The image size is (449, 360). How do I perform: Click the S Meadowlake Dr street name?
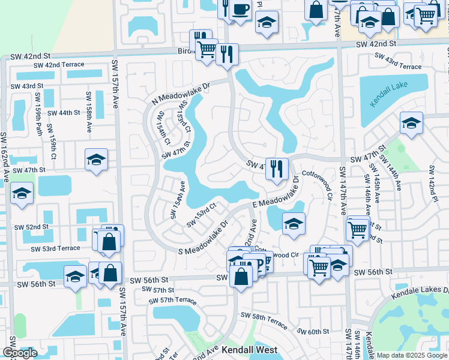click(199, 238)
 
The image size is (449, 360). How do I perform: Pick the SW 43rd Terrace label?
click(399, 61)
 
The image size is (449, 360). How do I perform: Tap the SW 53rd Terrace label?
click(56, 248)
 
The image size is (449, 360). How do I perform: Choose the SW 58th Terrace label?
click(264, 319)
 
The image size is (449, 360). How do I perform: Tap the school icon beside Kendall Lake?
click(412, 124)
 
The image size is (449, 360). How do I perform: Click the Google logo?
click(20, 353)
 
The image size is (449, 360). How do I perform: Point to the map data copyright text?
click(411, 355)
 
